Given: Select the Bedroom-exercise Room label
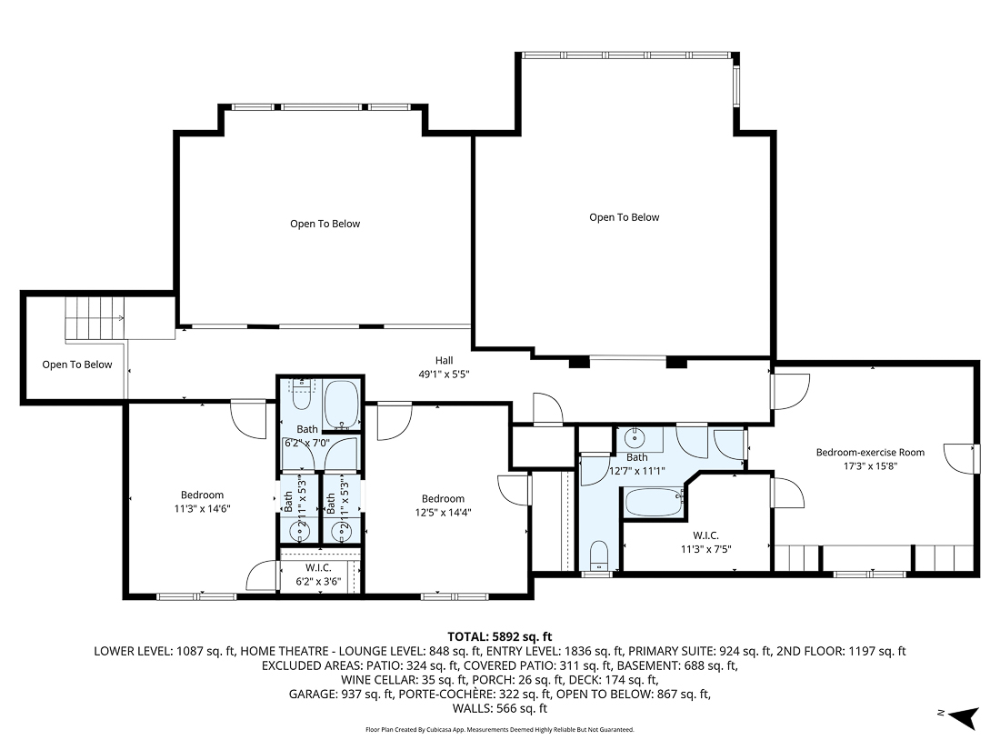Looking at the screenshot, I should click(x=869, y=452).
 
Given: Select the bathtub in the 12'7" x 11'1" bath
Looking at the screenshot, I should click(x=652, y=501).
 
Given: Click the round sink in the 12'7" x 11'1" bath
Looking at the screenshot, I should click(x=637, y=436).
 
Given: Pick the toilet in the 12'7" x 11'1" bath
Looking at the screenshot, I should click(x=598, y=555).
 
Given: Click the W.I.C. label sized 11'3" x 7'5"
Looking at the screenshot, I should click(x=705, y=542).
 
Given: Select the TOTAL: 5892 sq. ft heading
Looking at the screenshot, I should click(x=499, y=636).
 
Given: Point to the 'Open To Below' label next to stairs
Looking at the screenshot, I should click(x=77, y=365).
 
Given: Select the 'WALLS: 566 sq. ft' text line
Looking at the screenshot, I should click(x=499, y=708).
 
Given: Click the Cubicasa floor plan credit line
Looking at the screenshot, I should click(x=499, y=729).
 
